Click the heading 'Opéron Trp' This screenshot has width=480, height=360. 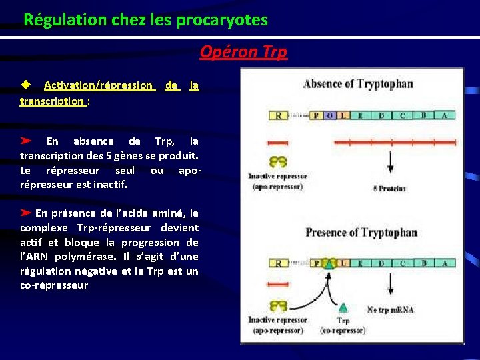[x=243, y=52]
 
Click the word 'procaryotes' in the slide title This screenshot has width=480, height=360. [x=222, y=20]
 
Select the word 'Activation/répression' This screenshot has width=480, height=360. [x=99, y=85]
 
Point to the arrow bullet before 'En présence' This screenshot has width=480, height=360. [x=26, y=213]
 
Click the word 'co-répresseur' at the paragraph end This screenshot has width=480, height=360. [x=54, y=285]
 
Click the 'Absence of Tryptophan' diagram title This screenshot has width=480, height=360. [x=357, y=84]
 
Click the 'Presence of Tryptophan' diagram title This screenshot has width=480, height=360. [x=361, y=233]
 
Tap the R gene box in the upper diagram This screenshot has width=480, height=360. [x=278, y=115]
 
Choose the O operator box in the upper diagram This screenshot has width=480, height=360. [x=329, y=115]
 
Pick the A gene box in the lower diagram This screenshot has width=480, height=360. [x=444, y=263]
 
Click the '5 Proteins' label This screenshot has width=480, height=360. [x=389, y=189]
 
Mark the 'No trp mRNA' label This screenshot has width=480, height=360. [x=391, y=309]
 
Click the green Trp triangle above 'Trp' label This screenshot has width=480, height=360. [x=343, y=307]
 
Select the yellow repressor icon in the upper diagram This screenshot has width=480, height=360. [x=278, y=162]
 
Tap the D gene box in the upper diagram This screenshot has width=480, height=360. [x=381, y=115]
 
